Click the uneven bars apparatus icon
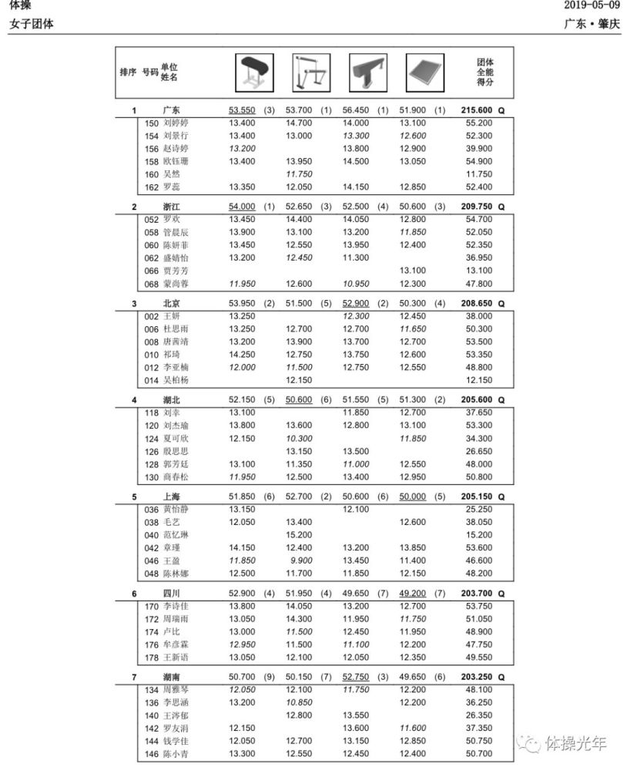point(310,72)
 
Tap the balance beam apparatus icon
point(367,72)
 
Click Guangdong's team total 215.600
point(476,110)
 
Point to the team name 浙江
point(172,207)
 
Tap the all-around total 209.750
point(476,207)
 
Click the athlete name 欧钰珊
point(176,161)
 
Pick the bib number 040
point(152,535)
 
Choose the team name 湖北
point(172,400)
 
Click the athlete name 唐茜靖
point(176,342)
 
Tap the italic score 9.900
point(300,561)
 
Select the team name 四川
point(172,594)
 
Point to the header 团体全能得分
point(484,72)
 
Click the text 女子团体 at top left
point(32,24)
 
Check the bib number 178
point(152,658)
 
